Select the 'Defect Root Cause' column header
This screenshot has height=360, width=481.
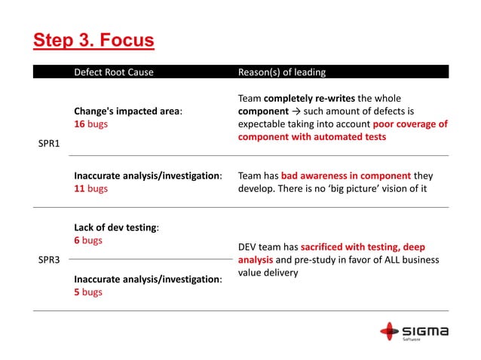pos(113,72)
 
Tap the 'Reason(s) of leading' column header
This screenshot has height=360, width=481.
pos(282,72)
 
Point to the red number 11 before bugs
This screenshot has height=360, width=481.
pos(78,188)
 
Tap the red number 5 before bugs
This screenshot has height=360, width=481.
pos(77,292)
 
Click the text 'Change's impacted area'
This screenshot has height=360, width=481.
pos(127,111)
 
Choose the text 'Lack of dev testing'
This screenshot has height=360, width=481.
pos(115,227)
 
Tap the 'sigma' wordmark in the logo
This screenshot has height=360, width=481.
pos(425,330)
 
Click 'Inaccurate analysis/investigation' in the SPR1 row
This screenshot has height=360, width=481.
pos(146,175)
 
